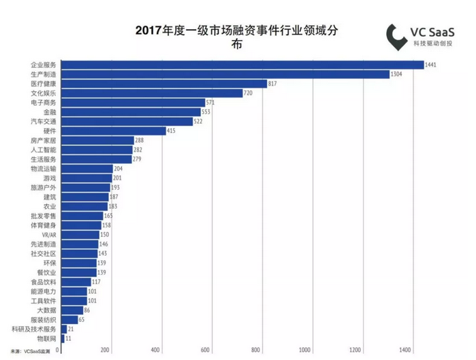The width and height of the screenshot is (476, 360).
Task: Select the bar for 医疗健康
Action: point(163,83)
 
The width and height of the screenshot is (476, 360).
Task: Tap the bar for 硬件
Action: point(113,131)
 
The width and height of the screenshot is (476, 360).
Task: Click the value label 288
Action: point(139,140)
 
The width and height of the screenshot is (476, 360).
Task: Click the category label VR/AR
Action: point(48,234)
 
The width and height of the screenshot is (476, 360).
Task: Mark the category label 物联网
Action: point(46,338)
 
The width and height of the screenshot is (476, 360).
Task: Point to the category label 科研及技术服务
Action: point(34,329)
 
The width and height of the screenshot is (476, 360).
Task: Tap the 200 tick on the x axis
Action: point(106,350)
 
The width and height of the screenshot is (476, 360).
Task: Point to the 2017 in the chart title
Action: point(150,31)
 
